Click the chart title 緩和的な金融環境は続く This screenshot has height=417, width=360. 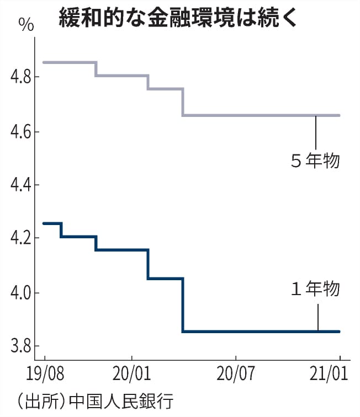(179, 17)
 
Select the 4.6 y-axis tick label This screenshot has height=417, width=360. (20, 132)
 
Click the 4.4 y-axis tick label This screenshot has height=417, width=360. (20, 185)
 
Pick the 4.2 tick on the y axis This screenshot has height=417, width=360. (20, 239)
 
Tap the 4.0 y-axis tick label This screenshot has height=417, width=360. (20, 292)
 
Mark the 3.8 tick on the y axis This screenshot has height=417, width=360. (20, 346)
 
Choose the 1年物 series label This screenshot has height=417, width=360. (315, 289)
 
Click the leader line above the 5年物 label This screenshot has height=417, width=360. (315, 132)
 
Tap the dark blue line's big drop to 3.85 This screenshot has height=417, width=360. (183, 305)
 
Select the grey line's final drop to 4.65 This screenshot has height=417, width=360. (183, 102)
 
